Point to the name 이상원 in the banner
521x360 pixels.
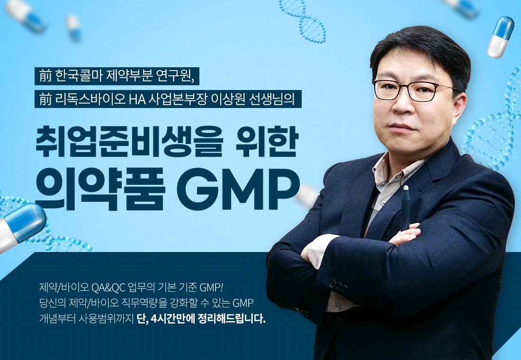pyautogui.click(x=227, y=99)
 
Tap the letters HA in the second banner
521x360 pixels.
pyautogui.click(x=137, y=99)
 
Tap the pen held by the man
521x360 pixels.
pyautogui.click(x=405, y=208)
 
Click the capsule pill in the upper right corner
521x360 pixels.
pyautogui.click(x=501, y=37)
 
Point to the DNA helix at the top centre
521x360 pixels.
pyautogui.click(x=303, y=21)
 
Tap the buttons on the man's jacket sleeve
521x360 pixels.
pyautogui.click(x=338, y=286)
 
